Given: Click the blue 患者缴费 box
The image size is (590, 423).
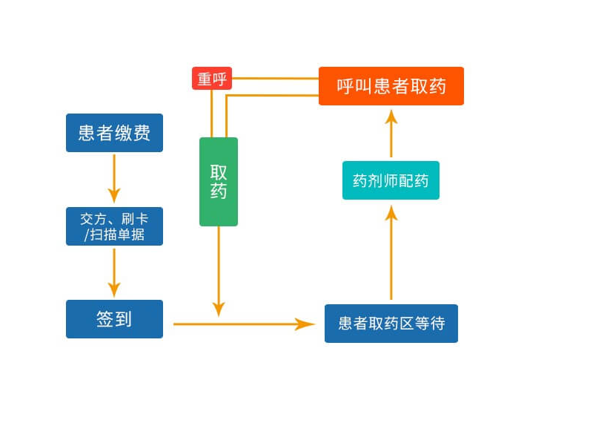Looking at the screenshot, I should tap(114, 133).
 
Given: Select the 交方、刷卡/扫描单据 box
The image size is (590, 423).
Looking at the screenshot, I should tap(114, 226).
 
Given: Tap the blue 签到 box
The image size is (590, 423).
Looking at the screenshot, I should tap(114, 319).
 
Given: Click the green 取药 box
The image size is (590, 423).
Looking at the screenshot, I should tap(219, 182).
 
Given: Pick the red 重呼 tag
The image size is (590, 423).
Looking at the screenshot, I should tap(212, 79).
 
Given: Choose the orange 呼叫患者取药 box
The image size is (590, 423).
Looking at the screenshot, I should tap(391, 86).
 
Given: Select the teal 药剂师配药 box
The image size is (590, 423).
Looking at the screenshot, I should tap(391, 180).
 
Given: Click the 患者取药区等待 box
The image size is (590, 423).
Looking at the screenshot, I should tap(391, 324).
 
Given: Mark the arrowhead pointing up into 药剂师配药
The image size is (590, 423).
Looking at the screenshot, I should tap(391, 214).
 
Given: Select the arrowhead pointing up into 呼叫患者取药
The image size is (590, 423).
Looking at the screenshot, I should tap(391, 117).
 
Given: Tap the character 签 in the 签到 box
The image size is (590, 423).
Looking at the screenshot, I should tap(105, 319).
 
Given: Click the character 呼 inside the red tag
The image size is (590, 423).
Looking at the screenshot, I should tap(220, 79).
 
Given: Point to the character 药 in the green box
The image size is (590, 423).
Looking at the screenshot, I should tap(219, 191).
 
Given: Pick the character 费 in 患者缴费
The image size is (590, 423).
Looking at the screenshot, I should tap(142, 133).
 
